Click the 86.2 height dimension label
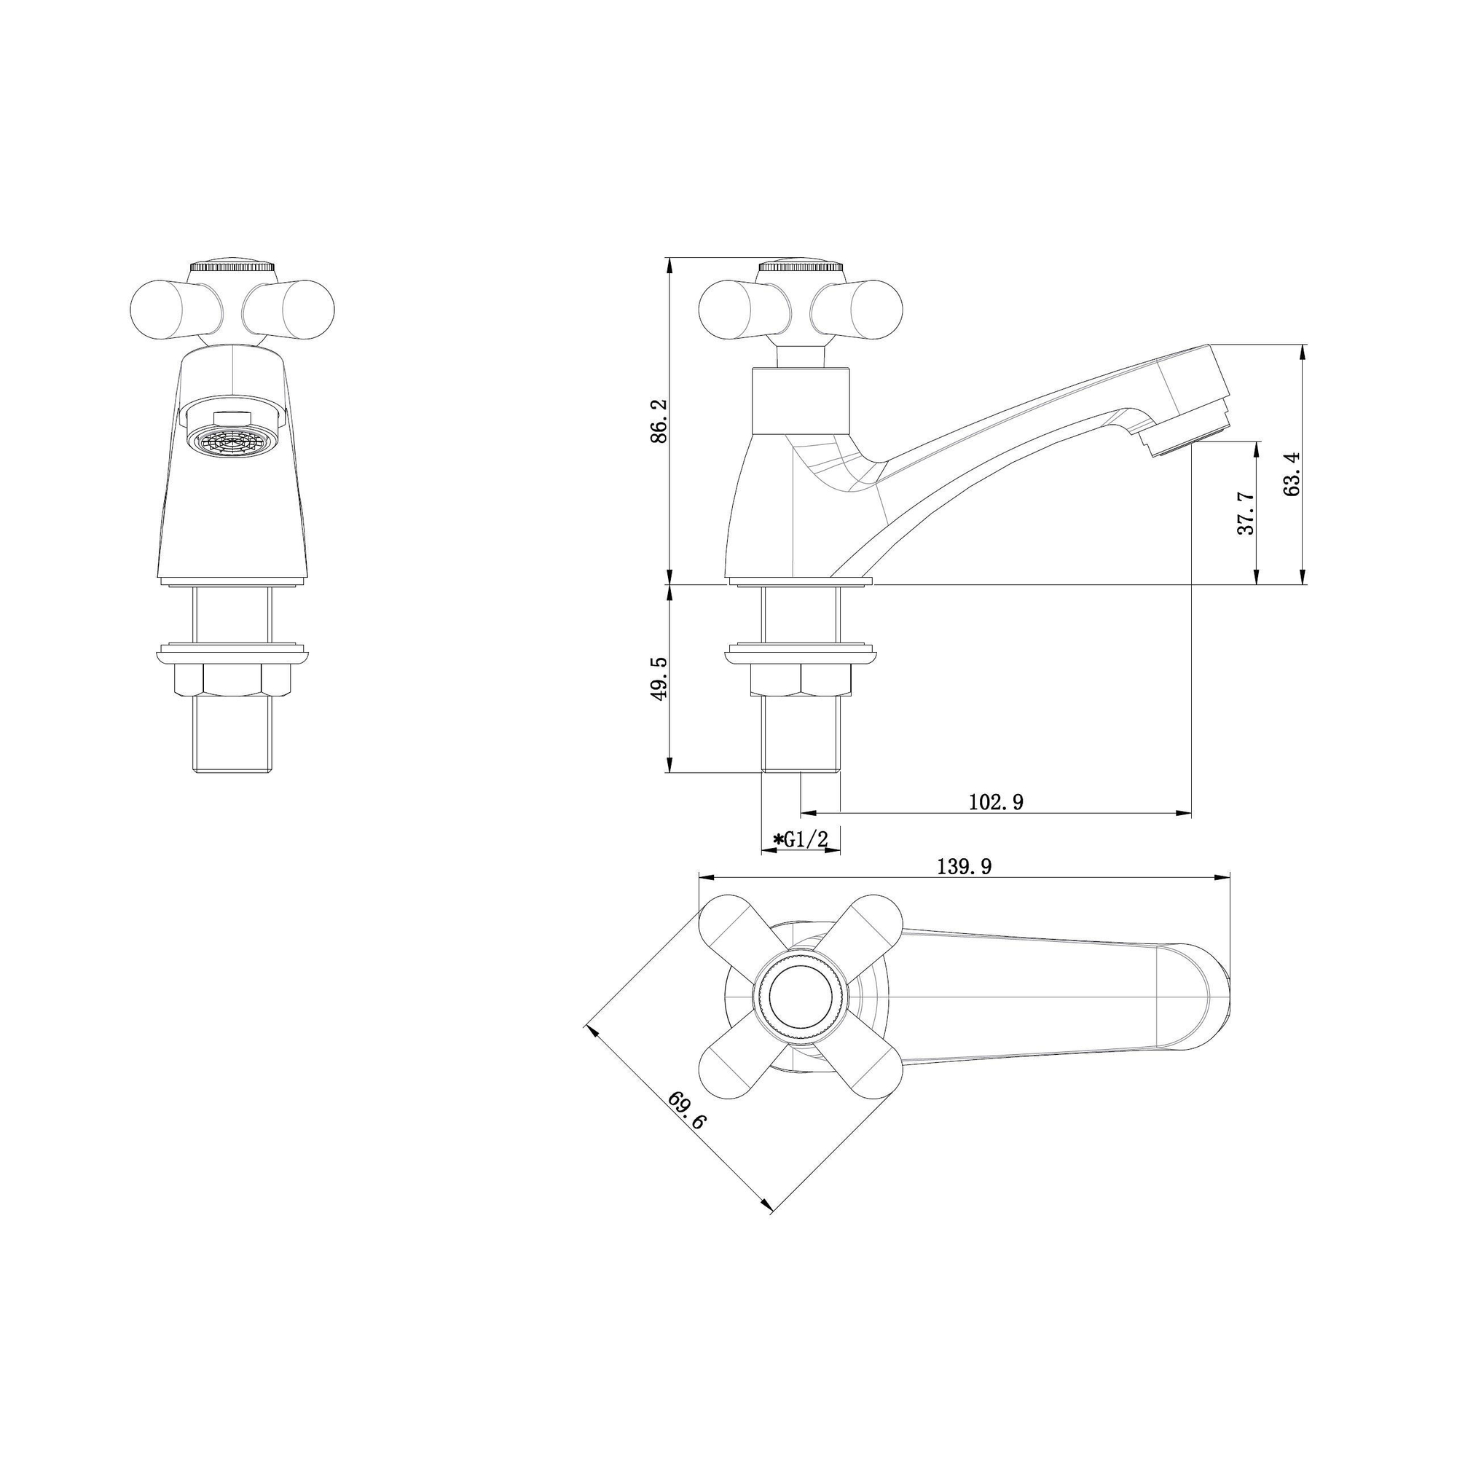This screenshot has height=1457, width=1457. tap(659, 421)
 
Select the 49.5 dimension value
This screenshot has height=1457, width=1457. tap(659, 679)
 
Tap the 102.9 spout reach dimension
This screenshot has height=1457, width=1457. tap(995, 801)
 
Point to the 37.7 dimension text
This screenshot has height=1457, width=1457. tap(1246, 513)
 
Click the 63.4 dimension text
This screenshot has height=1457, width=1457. tap(1291, 474)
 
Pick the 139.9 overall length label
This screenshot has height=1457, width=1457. tap(964, 866)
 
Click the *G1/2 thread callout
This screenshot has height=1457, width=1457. tap(800, 839)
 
